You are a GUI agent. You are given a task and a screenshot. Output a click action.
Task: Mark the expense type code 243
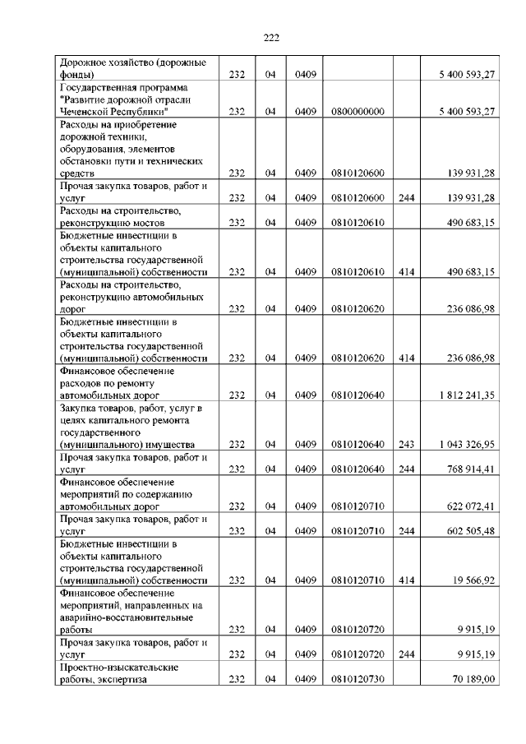coord(406,444)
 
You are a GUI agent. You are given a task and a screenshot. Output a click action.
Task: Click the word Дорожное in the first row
coord(81,62)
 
